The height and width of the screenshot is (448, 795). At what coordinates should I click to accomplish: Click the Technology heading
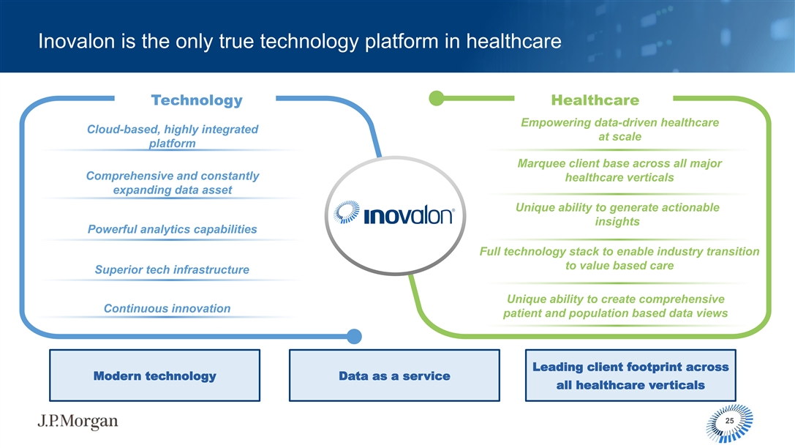tap(197, 100)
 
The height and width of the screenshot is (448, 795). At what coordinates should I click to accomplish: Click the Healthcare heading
tap(595, 100)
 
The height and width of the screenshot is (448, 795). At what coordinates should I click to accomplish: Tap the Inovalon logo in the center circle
tap(394, 213)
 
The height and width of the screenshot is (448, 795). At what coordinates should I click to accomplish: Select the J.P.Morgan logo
tap(78, 421)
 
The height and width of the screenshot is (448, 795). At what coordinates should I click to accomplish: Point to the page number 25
tap(729, 421)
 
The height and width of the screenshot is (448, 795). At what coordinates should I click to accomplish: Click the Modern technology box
tap(154, 376)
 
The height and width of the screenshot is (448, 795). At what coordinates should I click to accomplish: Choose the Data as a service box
tap(394, 376)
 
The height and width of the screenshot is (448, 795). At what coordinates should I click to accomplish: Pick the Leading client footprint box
tap(630, 376)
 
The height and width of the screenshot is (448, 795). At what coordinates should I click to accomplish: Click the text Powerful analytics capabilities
tap(173, 229)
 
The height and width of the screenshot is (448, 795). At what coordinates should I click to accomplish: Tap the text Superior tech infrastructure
tap(172, 269)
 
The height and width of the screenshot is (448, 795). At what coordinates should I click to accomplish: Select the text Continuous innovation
tap(167, 308)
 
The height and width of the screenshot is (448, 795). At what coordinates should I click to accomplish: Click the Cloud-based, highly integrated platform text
tap(173, 136)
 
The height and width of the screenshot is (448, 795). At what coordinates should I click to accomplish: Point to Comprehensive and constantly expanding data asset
tap(173, 183)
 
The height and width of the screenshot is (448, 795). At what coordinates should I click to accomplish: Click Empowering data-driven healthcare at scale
tap(619, 130)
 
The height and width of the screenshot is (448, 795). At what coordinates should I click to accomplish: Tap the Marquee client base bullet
tap(619, 171)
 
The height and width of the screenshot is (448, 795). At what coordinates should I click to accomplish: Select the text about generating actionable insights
tap(617, 214)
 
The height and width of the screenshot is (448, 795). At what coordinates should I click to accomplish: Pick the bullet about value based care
tap(619, 258)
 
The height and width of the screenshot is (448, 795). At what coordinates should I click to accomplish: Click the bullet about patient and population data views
tap(616, 306)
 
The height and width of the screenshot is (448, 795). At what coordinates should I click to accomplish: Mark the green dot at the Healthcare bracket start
tap(436, 98)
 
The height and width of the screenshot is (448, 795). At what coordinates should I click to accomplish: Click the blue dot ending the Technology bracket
tap(354, 337)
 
